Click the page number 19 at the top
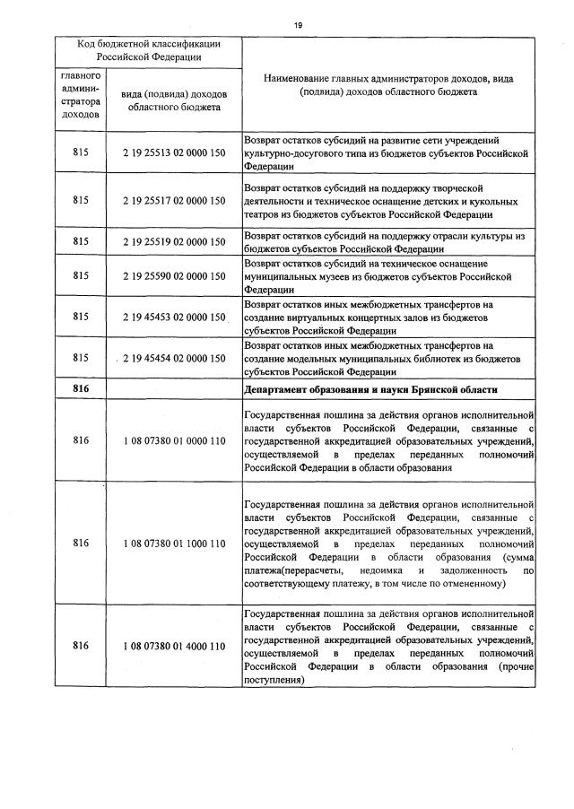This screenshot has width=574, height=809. coord(297,25)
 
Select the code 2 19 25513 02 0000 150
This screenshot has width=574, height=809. coord(174,153)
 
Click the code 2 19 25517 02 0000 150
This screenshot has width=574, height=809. coord(174,201)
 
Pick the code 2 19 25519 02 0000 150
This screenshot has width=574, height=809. coord(174,241)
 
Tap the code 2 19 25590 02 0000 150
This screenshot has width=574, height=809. coord(174,277)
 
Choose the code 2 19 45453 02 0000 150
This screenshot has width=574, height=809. coord(174,317)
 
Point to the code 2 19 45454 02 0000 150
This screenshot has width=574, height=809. coord(174,358)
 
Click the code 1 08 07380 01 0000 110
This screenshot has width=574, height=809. coord(174,441)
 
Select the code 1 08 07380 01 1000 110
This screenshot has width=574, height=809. coord(174,543)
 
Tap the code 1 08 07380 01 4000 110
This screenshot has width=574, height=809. coord(174,646)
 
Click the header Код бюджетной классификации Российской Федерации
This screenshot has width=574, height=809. coord(149,50)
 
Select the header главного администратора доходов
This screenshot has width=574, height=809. coord(82,95)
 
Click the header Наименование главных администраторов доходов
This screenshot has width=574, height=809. coord(388,85)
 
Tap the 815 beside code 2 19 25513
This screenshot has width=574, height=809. coord(82,153)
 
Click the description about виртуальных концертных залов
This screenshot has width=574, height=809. coord(381,317)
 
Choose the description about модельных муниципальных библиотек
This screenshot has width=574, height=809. coord(381,358)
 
